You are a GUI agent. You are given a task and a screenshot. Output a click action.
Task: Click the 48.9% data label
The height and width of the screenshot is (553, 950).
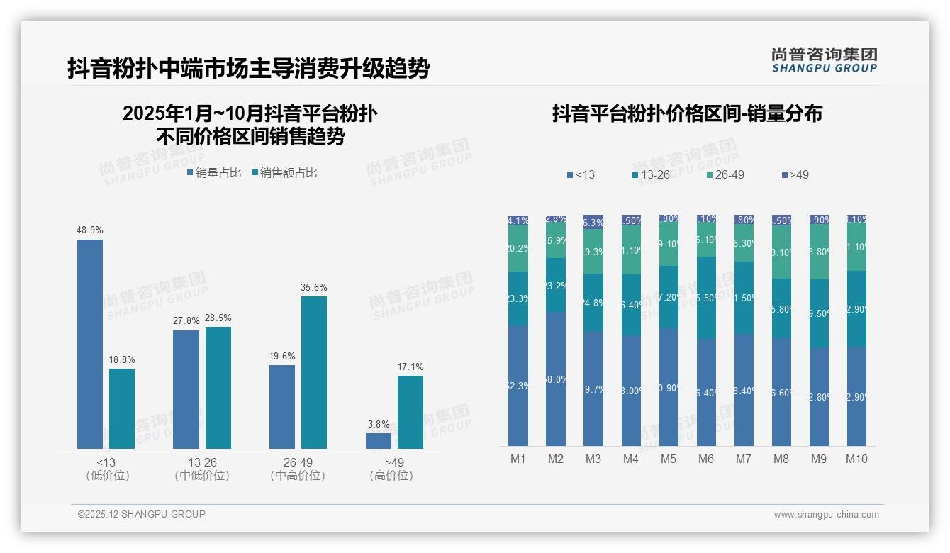(x=90, y=230)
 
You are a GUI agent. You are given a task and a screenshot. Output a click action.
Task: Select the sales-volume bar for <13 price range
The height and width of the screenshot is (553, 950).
(x=90, y=344)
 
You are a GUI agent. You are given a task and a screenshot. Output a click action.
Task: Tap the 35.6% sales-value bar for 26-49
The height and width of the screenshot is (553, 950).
(x=314, y=372)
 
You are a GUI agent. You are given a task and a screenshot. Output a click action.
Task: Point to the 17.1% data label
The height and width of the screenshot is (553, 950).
(x=410, y=367)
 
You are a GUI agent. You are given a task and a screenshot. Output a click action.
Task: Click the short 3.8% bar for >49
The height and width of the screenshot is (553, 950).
(x=379, y=441)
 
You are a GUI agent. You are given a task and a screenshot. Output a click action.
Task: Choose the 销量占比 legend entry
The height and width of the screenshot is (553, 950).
(x=214, y=173)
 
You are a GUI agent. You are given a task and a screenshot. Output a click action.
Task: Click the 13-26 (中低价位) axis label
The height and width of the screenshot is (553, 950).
(x=202, y=469)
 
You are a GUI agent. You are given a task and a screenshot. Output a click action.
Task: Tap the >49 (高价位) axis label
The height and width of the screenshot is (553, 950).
(x=391, y=469)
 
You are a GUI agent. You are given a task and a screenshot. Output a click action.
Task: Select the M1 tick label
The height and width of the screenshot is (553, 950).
(x=518, y=459)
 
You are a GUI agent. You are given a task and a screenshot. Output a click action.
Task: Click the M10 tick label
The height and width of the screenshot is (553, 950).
(x=856, y=459)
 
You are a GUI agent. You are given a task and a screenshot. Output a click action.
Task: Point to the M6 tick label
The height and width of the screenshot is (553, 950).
(x=705, y=459)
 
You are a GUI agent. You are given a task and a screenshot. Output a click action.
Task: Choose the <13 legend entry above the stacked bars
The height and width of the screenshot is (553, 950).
(x=581, y=175)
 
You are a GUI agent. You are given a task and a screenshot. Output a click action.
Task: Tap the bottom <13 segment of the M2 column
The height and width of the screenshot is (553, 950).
(x=556, y=379)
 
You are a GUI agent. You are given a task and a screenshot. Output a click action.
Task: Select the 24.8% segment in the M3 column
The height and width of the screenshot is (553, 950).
(x=593, y=303)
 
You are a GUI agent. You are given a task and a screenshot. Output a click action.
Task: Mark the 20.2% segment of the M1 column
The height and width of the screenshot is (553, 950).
(x=518, y=248)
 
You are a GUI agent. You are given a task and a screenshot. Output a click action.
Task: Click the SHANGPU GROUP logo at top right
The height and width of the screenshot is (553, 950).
(x=825, y=60)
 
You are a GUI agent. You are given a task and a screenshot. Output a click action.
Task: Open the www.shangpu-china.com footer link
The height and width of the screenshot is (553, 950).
(x=826, y=515)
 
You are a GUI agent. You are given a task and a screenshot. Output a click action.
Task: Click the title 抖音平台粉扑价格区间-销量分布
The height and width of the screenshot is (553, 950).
(x=687, y=114)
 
